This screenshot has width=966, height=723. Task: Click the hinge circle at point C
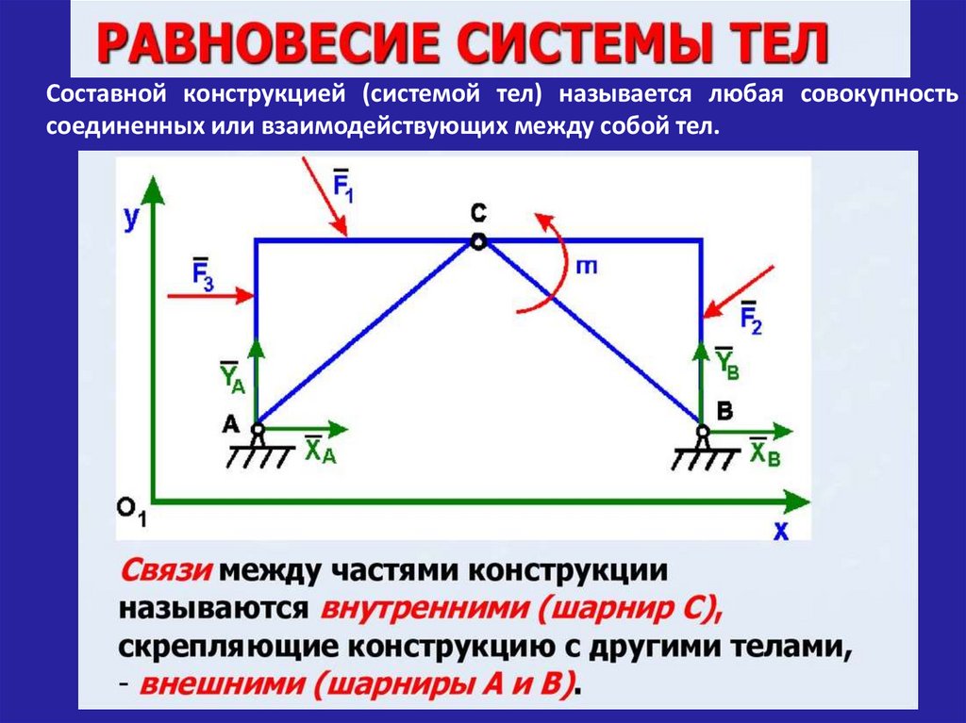click(478, 241)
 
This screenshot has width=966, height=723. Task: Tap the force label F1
click(342, 181)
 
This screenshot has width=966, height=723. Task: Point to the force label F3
click(202, 273)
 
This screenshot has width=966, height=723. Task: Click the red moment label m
click(586, 267)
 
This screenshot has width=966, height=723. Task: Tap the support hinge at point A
click(257, 430)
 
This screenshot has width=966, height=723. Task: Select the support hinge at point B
click(703, 431)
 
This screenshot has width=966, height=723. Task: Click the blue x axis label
click(781, 531)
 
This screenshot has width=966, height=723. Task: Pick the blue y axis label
click(132, 218)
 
